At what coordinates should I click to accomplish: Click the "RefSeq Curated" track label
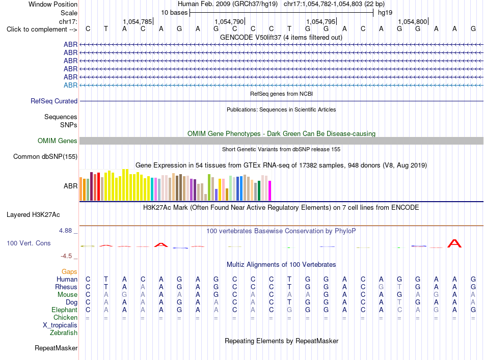click(54, 101)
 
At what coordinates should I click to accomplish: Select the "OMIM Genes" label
click(58, 141)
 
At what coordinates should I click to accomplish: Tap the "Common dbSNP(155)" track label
click(45, 157)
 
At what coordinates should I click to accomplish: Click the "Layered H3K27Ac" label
click(33, 215)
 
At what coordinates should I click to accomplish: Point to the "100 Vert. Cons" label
click(29, 243)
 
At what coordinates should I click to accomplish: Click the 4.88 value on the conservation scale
click(65, 231)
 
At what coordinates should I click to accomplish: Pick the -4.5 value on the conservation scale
click(66, 256)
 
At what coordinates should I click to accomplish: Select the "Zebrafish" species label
click(64, 333)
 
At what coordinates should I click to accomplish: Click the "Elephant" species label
click(65, 310)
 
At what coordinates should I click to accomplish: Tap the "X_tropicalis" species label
click(60, 325)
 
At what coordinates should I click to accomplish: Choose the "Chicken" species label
click(65, 317)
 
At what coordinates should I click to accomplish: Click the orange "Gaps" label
click(69, 271)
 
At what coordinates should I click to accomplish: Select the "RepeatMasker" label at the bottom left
click(56, 348)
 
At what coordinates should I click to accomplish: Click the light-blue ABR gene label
click(71, 85)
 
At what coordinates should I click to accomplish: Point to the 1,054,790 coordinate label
click(229, 21)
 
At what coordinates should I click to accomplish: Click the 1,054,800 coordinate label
click(413, 21)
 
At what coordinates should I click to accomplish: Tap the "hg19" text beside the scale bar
click(385, 13)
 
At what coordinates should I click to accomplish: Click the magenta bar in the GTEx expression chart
click(270, 190)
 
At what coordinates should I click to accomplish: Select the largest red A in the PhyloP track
click(454, 243)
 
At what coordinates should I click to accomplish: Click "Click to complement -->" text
click(42, 30)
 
